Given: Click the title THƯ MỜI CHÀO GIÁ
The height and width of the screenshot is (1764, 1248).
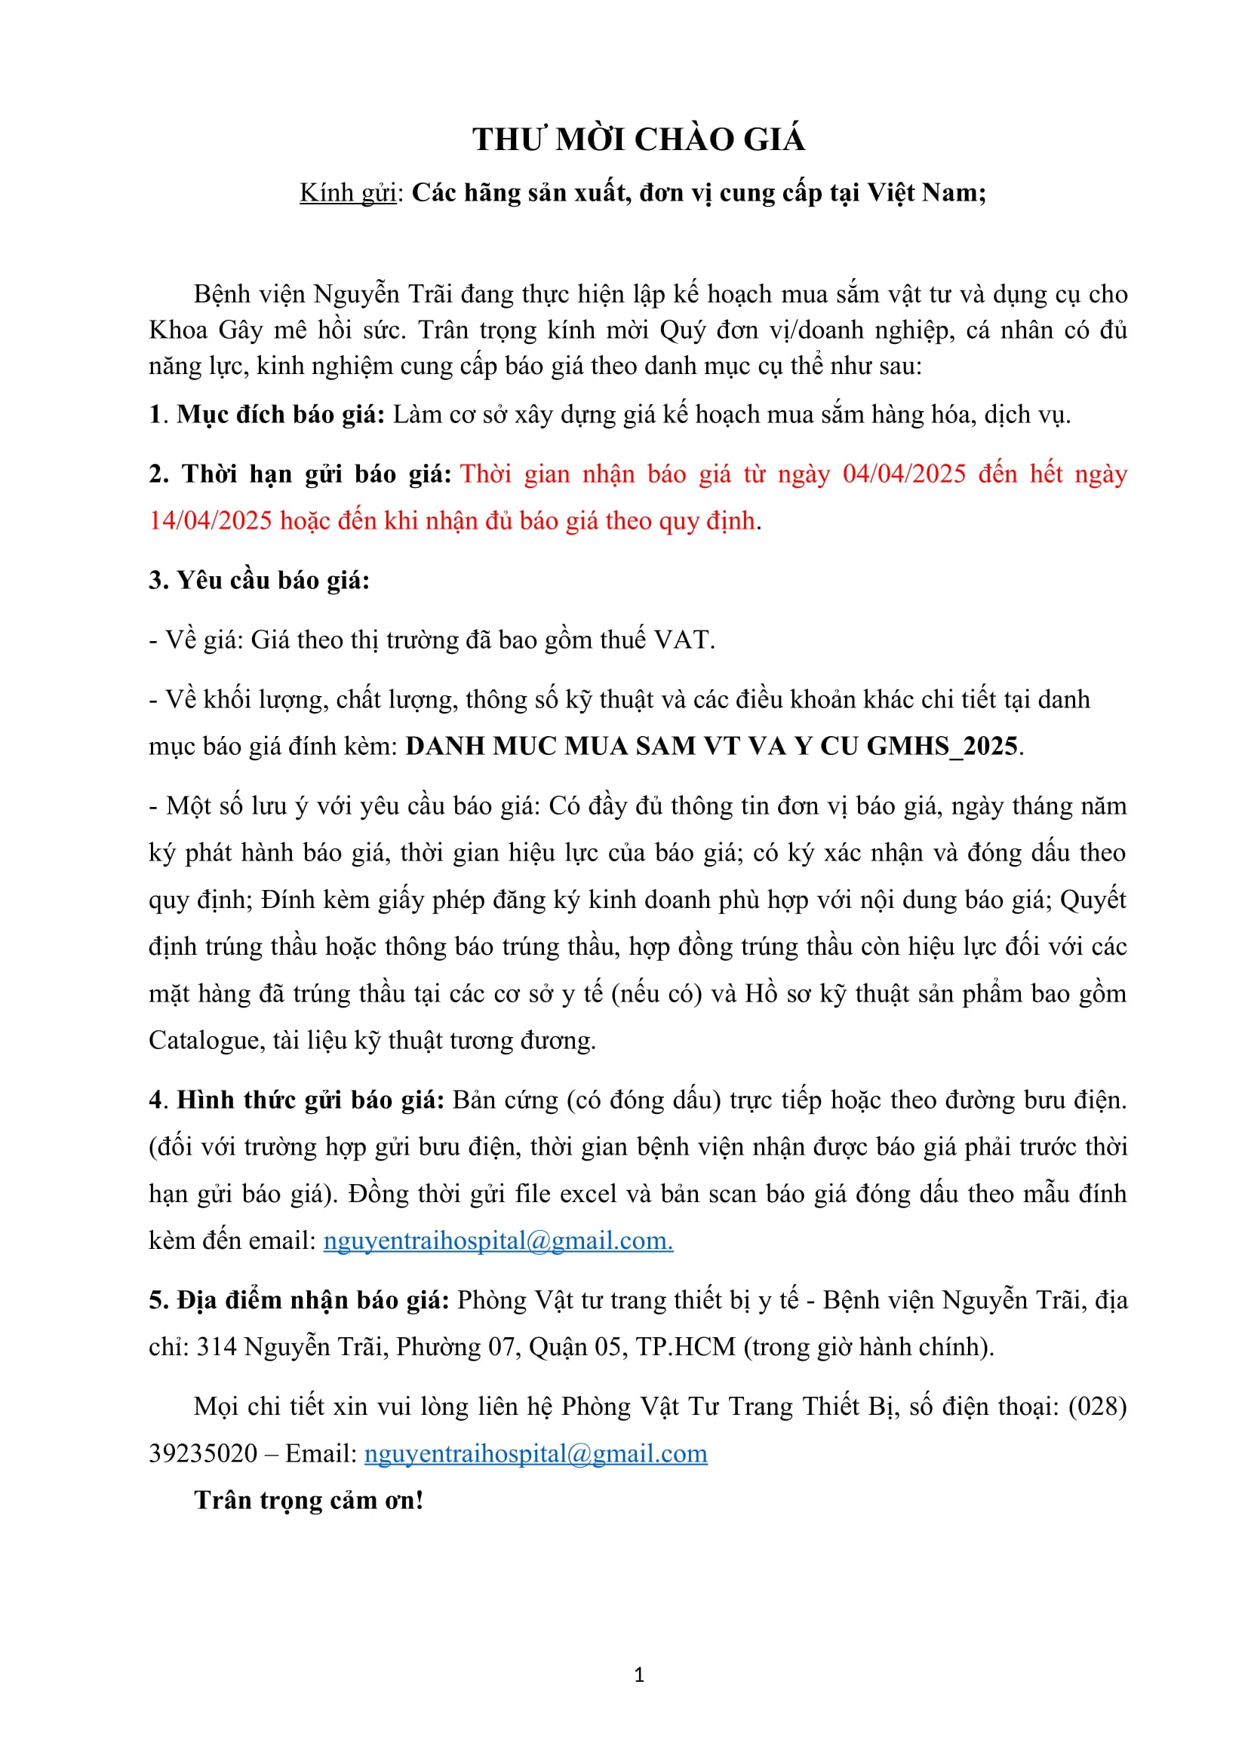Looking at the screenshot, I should point(638,140).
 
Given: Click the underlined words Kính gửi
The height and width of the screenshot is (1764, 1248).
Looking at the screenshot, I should point(347,193).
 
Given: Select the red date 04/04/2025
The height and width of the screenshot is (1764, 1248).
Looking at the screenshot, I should point(904,474).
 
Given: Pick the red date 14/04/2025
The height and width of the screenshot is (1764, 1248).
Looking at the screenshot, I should point(210,521).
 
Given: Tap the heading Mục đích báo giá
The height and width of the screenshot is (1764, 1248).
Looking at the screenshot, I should point(281,415).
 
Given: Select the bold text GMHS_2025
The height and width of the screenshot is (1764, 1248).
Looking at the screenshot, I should point(942,746).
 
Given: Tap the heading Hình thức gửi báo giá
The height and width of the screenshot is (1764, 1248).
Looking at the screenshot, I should point(310,1100).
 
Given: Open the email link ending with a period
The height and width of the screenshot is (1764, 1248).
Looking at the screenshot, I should point(498,1241).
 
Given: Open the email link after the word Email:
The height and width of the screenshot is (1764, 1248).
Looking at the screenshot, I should point(536,1453).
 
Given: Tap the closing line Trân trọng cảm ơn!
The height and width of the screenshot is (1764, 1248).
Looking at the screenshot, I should point(308,1501).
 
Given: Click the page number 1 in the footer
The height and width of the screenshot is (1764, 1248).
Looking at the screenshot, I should point(639,1676).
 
